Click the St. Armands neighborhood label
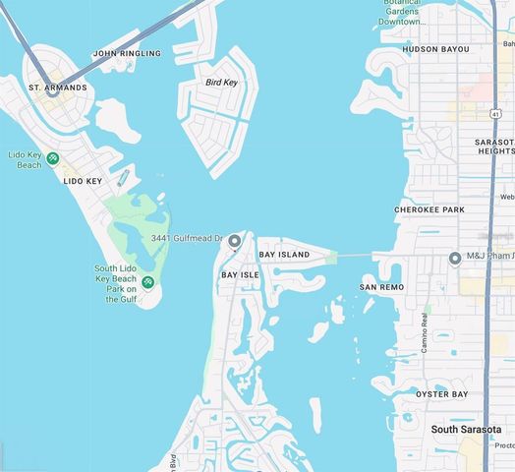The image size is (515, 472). click(x=58, y=88)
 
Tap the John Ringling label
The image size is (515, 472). click(x=126, y=53)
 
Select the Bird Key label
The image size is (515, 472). click(x=221, y=83)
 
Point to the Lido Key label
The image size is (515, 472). click(x=83, y=181)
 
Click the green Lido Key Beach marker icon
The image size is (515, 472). click(x=53, y=158)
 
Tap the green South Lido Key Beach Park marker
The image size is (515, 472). click(x=147, y=283)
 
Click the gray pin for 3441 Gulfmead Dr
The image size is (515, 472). click(x=234, y=241)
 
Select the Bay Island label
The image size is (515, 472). click(x=284, y=255)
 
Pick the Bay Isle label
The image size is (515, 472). click(x=240, y=274)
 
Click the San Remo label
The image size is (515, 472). click(x=381, y=287)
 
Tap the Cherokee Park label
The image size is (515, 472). click(x=429, y=209)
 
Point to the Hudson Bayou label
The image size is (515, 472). click(x=422, y=48)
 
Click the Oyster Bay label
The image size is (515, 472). click(x=441, y=394)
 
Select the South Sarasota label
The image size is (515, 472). click(x=466, y=430)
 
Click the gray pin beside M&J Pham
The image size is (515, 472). click(x=455, y=259)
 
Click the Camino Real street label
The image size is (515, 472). click(x=425, y=332)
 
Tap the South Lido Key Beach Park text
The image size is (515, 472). click(x=120, y=284)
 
